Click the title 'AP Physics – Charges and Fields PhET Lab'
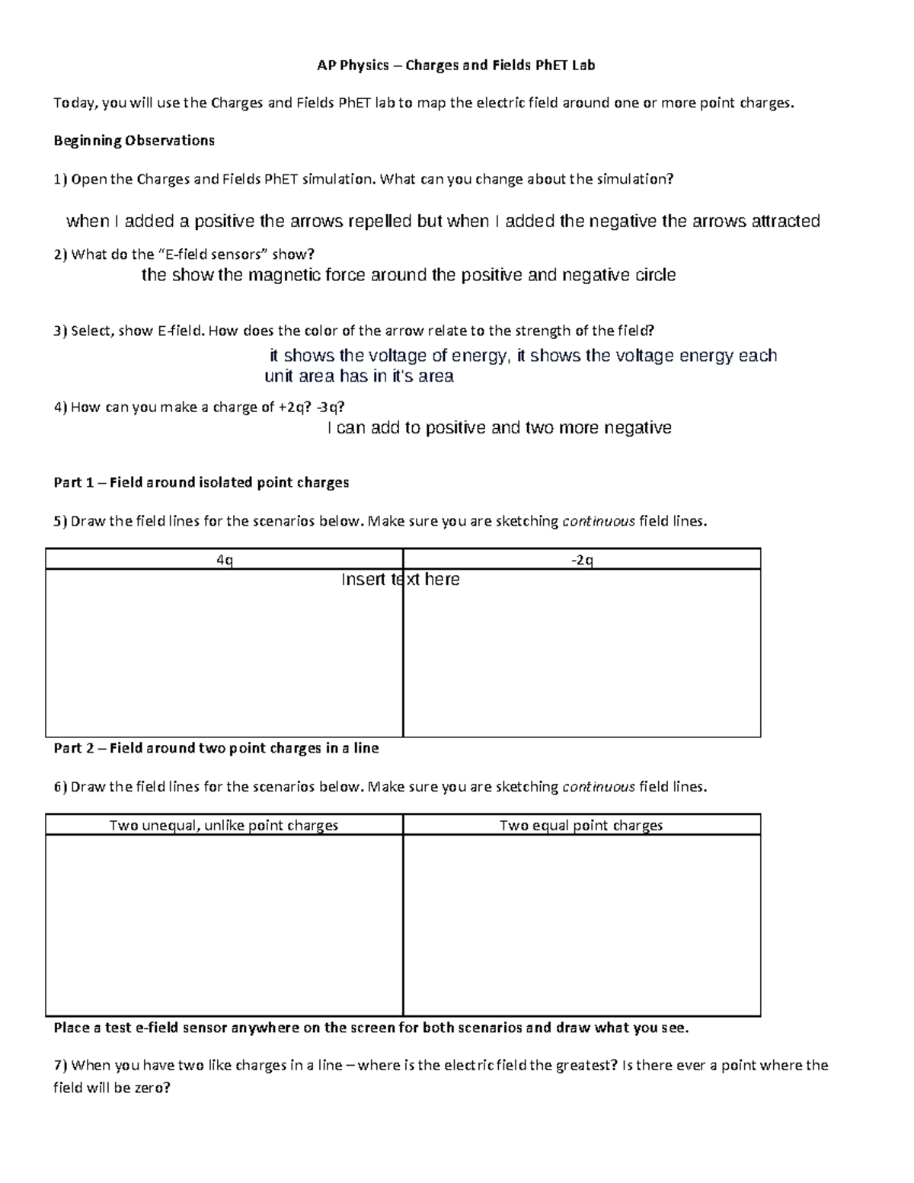pyautogui.click(x=456, y=66)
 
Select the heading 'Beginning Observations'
pyautogui.click(x=134, y=140)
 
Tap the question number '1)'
pyautogui.click(x=60, y=179)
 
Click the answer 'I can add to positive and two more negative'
pyautogui.click(x=499, y=428)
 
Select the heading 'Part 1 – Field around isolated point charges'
pyautogui.click(x=201, y=482)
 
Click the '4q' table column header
pyautogui.click(x=224, y=560)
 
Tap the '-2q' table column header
pyautogui.click(x=582, y=560)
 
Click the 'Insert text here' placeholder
pyautogui.click(x=400, y=580)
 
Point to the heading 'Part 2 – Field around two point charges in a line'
pyautogui.click(x=216, y=748)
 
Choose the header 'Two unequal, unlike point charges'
pyautogui.click(x=224, y=825)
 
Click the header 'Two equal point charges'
pyautogui.click(x=581, y=825)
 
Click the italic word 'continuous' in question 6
pyautogui.click(x=598, y=787)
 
